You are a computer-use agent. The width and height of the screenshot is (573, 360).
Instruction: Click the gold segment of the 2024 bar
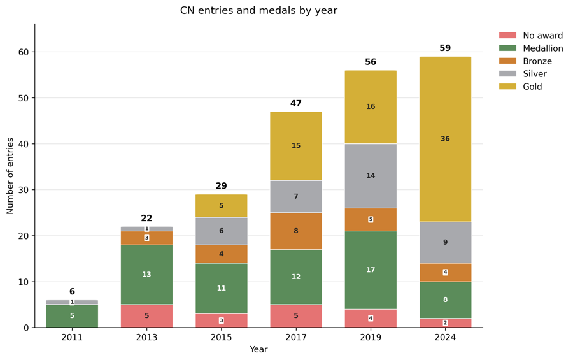(x=445, y=140)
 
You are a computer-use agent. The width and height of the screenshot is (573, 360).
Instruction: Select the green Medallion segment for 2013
(x=146, y=275)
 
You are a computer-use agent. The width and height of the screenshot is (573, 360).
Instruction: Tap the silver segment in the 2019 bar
(x=371, y=176)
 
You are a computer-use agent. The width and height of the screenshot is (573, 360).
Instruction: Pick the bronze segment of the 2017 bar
(x=296, y=231)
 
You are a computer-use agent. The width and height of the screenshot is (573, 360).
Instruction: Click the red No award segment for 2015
(x=221, y=320)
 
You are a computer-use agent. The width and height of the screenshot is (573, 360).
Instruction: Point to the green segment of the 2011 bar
(x=72, y=316)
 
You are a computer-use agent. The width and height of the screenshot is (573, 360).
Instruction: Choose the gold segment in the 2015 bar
(x=221, y=206)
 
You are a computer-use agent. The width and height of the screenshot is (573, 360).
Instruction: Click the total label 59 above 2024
(x=445, y=48)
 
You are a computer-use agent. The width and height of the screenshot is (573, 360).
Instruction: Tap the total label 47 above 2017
(x=296, y=103)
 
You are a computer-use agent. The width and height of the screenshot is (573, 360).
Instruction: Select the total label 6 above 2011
(x=72, y=292)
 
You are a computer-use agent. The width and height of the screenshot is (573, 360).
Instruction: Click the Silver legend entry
(x=523, y=73)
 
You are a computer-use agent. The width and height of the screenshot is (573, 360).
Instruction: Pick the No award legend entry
(x=531, y=36)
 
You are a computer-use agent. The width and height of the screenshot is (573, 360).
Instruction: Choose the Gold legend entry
(x=520, y=87)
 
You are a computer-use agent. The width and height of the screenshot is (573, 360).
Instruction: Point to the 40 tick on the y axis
(x=23, y=144)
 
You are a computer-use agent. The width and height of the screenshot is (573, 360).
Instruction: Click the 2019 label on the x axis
(x=371, y=337)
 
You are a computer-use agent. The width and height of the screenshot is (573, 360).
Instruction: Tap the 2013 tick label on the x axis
(x=146, y=337)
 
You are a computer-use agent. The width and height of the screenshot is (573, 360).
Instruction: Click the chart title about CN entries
(x=258, y=10)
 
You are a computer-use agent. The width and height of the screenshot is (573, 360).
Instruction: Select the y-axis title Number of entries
(x=10, y=176)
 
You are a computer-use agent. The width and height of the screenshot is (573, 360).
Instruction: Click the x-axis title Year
(x=258, y=349)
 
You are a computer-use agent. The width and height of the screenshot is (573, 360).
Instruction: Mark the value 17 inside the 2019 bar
(x=371, y=270)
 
